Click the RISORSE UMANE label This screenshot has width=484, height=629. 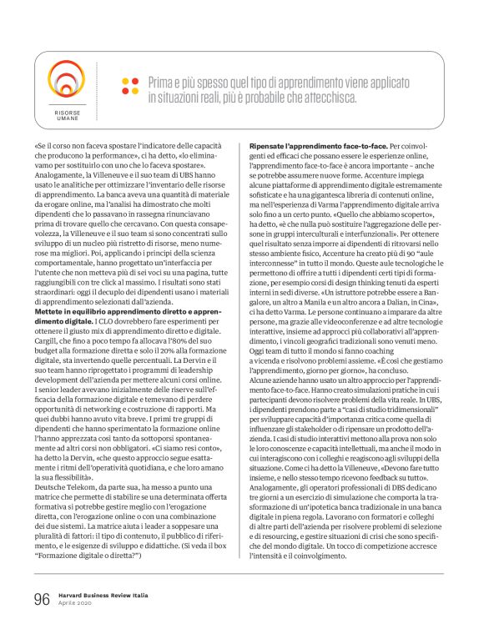[68, 114]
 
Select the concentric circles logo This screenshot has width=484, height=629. [68, 79]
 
